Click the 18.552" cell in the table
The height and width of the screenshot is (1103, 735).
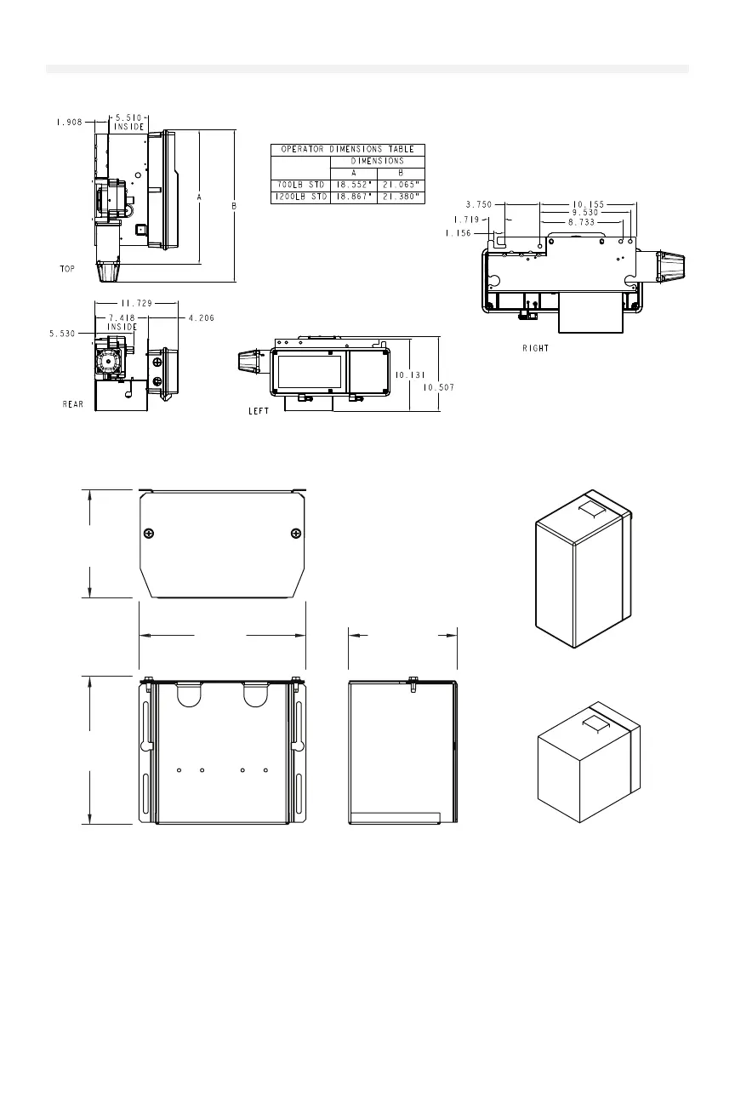[354, 186]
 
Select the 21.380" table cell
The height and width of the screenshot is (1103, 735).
[401, 197]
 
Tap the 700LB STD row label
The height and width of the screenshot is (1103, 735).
[301, 186]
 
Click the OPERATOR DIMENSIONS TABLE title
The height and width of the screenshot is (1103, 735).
[348, 149]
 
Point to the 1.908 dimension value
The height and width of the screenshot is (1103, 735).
[70, 122]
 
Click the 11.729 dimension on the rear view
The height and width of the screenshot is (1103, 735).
[136, 303]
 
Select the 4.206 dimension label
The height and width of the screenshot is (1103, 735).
[202, 318]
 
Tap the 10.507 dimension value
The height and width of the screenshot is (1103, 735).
[439, 387]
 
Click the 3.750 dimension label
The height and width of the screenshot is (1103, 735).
[478, 204]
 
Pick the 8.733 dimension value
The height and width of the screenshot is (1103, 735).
[581, 222]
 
